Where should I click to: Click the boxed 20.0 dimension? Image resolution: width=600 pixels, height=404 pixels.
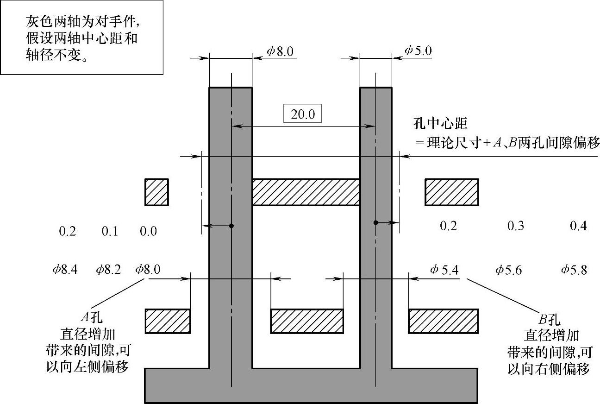tap(302, 114)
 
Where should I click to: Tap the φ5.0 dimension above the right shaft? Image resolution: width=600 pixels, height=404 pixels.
tap(418, 50)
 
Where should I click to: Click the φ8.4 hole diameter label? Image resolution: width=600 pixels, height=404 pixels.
tap(65, 270)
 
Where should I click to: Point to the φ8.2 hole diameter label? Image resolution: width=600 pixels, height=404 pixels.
tap(108, 270)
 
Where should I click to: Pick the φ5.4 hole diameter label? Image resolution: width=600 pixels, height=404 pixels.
tap(444, 270)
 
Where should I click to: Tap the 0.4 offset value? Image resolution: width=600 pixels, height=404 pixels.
tap(579, 226)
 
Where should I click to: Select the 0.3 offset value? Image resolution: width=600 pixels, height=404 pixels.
tap(516, 226)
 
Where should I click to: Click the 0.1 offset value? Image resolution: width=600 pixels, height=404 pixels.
tap(110, 231)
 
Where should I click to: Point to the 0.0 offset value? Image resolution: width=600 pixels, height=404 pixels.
tap(148, 231)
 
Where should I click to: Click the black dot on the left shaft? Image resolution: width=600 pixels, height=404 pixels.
tap(231, 226)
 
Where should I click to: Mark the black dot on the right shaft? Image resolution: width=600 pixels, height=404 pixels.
tap(376, 223)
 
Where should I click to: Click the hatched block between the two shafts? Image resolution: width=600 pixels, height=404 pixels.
tap(306, 192)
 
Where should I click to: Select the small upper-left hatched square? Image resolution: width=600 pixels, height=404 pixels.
tap(156, 192)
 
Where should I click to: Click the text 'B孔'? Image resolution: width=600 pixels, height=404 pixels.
tap(549, 320)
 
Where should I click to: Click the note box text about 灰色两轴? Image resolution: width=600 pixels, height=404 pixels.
tap(82, 38)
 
